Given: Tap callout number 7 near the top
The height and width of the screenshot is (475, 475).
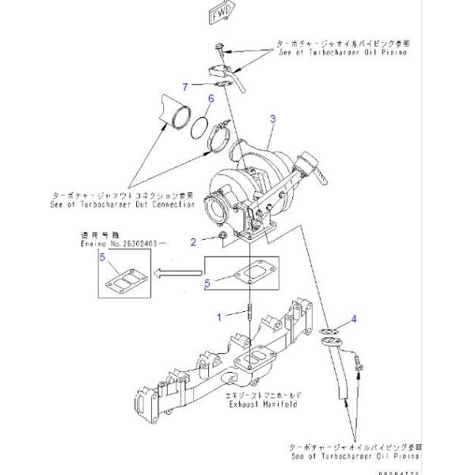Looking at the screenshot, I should pyautogui.click(x=184, y=85).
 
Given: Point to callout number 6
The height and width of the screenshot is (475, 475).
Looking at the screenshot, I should pyautogui.click(x=211, y=98).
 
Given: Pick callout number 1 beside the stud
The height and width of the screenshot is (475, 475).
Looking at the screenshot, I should pyautogui.click(x=220, y=317).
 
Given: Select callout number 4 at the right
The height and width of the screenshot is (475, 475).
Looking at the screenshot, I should pyautogui.click(x=355, y=319).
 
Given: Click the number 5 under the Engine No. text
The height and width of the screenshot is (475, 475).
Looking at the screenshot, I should pyautogui.click(x=101, y=256).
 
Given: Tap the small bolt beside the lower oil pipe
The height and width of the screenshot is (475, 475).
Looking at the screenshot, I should pyautogui.click(x=358, y=363).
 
